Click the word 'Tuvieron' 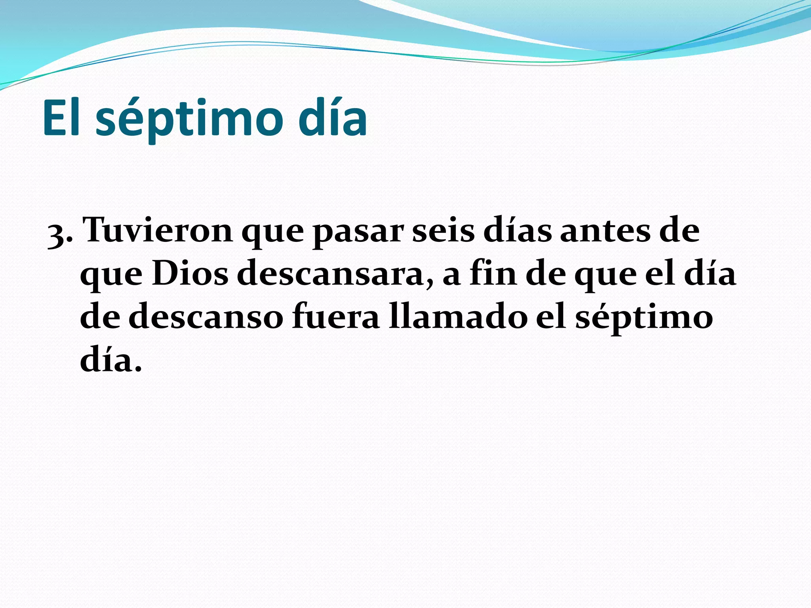158,230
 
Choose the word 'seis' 443,230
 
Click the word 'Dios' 190,274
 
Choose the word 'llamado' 458,317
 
